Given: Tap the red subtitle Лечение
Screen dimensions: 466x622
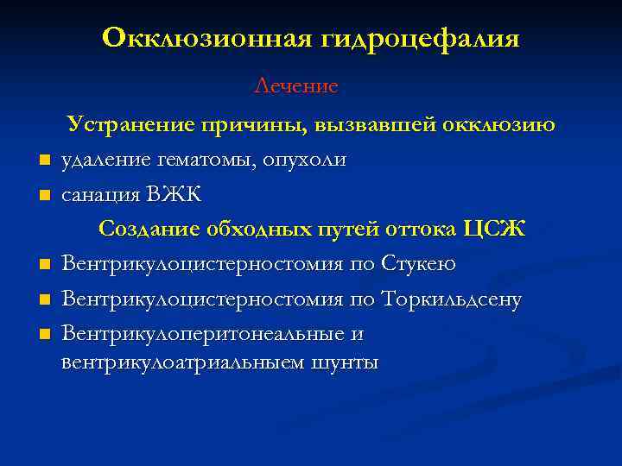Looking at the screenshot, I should click(x=296, y=86).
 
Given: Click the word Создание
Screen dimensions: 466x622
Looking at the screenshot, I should click(x=149, y=229).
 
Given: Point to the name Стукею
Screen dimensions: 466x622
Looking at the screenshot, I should click(x=419, y=263).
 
